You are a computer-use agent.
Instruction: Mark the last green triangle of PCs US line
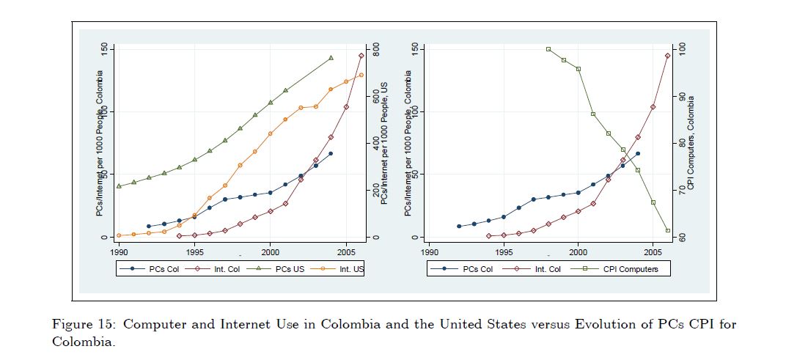(331, 58)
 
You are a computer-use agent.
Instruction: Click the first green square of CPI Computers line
(548, 49)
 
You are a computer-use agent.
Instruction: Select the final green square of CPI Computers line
(668, 230)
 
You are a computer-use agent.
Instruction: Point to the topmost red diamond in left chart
(361, 56)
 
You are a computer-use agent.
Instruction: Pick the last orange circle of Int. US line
(361, 75)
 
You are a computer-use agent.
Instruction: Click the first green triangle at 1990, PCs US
(119, 186)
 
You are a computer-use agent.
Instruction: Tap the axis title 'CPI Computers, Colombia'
(691, 143)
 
